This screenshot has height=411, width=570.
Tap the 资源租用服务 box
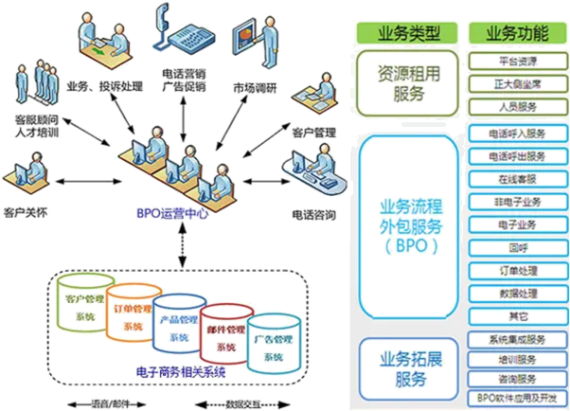[407, 82]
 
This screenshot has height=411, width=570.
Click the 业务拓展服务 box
[408, 366]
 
